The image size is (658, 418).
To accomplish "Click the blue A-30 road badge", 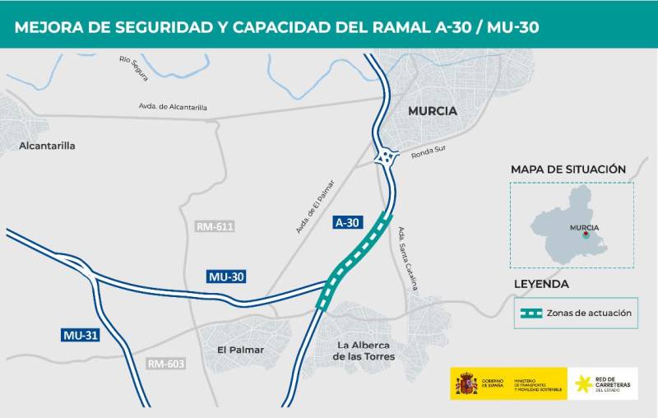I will [347, 222].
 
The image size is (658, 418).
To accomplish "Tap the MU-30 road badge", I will [226, 277].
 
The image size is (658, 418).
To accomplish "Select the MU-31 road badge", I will [81, 335].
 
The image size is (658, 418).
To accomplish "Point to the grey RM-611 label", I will [215, 226].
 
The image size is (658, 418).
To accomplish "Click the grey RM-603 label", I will [166, 364].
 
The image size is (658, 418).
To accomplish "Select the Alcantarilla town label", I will [47, 146].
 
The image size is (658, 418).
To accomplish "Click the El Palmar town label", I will [240, 350].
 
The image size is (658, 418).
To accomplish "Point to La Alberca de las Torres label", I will [364, 351].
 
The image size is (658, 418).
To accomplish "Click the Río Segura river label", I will [133, 68].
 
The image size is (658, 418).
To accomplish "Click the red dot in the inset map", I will [585, 235].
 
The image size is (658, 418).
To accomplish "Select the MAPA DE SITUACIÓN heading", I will [568, 170].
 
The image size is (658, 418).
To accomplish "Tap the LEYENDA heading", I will [541, 284].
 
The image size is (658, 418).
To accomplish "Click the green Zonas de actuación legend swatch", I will [531, 313].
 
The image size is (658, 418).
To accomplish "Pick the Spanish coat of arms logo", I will [466, 384].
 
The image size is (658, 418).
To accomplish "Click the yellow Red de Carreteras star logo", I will [585, 384].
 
